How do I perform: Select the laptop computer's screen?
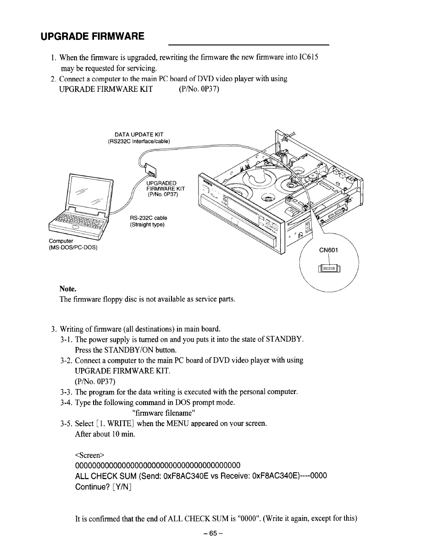pos(90,195)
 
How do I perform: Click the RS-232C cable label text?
pos(149,218)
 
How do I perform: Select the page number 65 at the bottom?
pos(210,534)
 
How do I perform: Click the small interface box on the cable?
pos(151,172)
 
